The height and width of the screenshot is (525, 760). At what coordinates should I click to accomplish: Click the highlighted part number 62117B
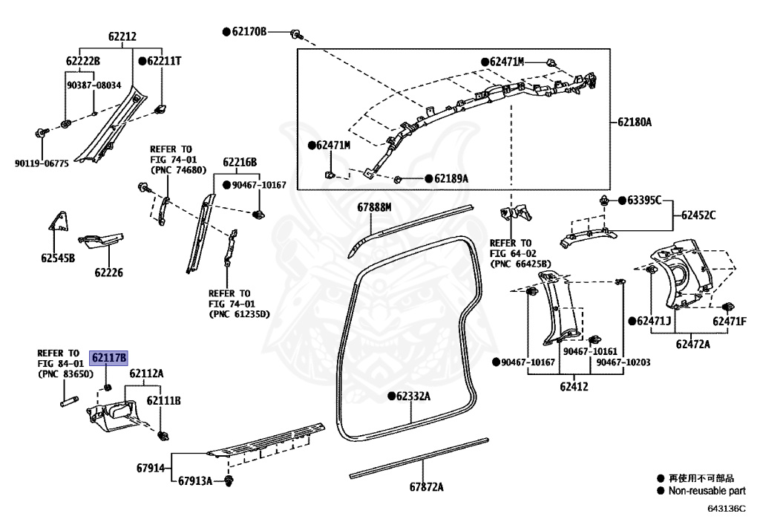tap(109, 357)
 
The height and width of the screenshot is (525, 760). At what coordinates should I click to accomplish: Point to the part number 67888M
tap(373, 207)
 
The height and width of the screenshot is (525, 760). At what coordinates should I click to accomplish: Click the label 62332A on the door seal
tap(413, 397)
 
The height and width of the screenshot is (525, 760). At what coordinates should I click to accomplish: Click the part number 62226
tap(108, 273)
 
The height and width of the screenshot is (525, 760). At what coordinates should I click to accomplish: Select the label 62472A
tap(692, 344)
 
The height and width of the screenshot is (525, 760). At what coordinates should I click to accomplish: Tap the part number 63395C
tap(644, 200)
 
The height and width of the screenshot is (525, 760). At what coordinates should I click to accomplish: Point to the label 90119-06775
tap(42, 163)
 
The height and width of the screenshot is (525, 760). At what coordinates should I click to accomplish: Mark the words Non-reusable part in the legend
tap(707, 491)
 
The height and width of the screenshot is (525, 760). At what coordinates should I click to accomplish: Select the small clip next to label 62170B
tap(295, 33)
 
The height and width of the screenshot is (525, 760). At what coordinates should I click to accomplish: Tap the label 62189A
tap(451, 179)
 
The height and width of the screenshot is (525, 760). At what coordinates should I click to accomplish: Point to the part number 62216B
tap(239, 162)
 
